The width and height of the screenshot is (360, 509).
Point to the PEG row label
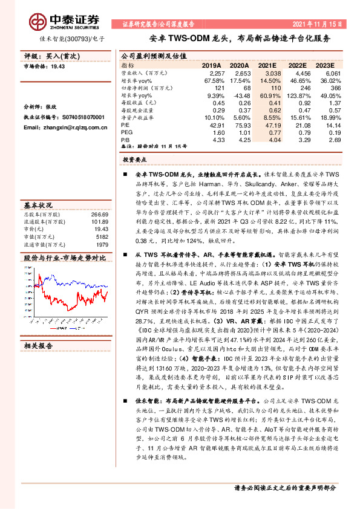point(126,132)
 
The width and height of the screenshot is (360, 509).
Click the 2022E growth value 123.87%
point(297,96)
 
